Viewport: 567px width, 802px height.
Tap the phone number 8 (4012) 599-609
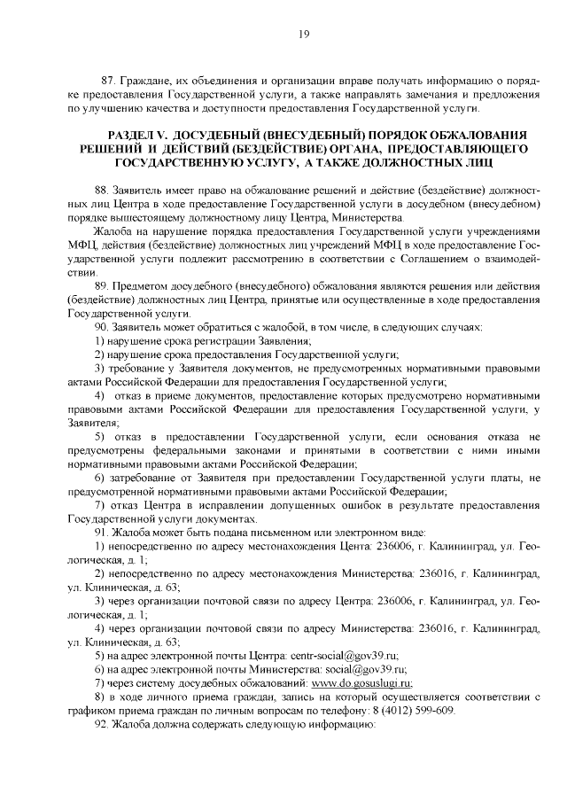point(487,710)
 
